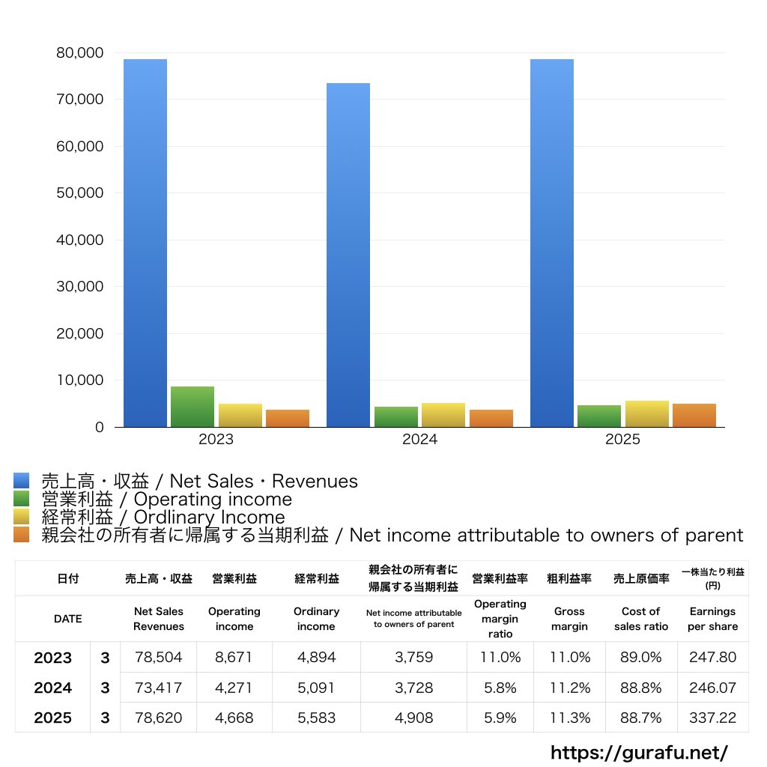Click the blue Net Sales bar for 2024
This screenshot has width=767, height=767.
pyautogui.click(x=348, y=255)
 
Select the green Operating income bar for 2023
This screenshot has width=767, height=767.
pyautogui.click(x=192, y=407)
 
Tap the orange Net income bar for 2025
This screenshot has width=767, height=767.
pyautogui.click(x=694, y=415)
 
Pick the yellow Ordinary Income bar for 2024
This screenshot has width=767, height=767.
pyautogui.click(x=443, y=414)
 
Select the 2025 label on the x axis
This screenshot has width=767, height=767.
pyautogui.click(x=623, y=440)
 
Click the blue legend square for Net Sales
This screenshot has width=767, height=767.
pyautogui.click(x=22, y=481)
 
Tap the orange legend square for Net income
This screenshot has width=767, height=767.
pyautogui.click(x=22, y=535)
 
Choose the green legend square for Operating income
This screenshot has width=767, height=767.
pyautogui.click(x=22, y=499)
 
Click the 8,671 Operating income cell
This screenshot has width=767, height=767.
pyautogui.click(x=234, y=658)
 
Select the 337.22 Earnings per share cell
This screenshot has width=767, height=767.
pyautogui.click(x=712, y=718)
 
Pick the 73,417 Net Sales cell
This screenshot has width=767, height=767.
pyautogui.click(x=159, y=688)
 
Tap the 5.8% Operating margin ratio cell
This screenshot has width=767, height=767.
pyautogui.click(x=500, y=688)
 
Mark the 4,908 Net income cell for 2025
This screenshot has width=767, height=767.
pyautogui.click(x=413, y=718)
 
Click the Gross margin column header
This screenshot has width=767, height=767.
pyautogui.click(x=569, y=619)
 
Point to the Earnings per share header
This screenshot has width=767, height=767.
pyautogui.click(x=712, y=619)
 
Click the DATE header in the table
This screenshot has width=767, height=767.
pyautogui.click(x=67, y=619)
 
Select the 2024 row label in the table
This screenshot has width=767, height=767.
pyautogui.click(x=53, y=688)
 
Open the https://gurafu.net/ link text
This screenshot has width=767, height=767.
pyautogui.click(x=640, y=752)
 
